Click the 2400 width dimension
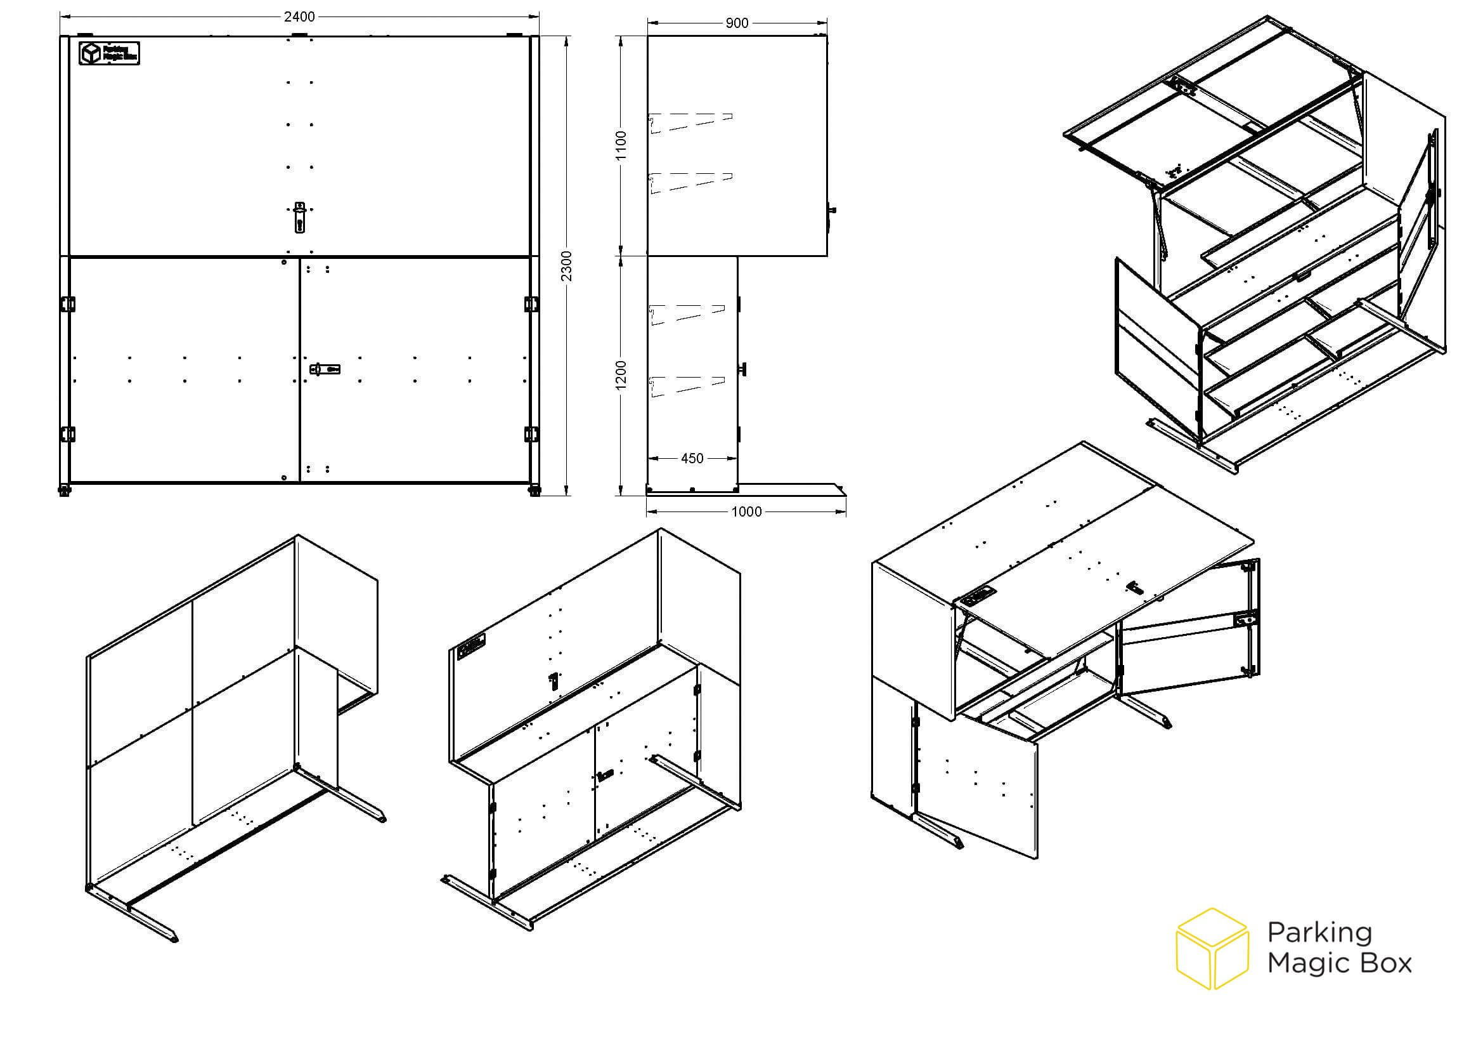[x=299, y=16]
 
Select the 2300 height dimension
[x=566, y=266]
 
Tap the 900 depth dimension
[x=737, y=23]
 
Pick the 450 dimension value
[x=692, y=458]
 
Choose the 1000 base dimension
[x=746, y=512]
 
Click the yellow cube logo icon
[x=1212, y=949]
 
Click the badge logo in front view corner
[x=109, y=53]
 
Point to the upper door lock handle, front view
[x=299, y=217]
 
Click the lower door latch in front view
[x=325, y=369]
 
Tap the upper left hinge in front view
[x=67, y=304]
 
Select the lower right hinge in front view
[x=531, y=434]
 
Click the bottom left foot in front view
[x=65, y=490]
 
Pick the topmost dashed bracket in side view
[x=690, y=124]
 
